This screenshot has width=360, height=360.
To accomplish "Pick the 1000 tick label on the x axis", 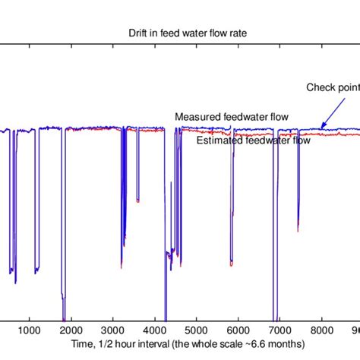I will point(29,330).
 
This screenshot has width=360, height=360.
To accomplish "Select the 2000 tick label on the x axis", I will point(71,330).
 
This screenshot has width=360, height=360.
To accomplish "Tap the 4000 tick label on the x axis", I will point(154,330).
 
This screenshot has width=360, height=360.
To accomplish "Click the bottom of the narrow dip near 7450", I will point(298,229).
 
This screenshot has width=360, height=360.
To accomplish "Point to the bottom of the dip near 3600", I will point(137,201).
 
